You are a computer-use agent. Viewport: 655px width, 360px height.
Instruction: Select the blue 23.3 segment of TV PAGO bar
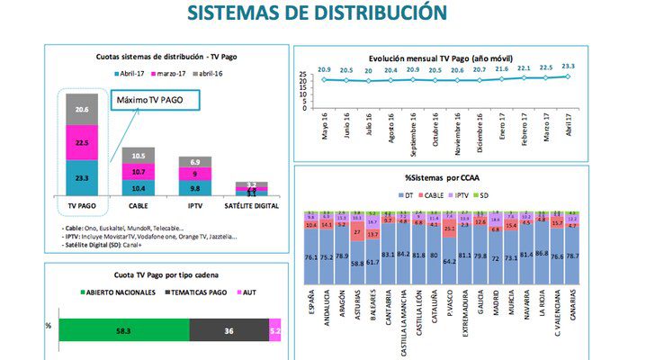click(x=82, y=178)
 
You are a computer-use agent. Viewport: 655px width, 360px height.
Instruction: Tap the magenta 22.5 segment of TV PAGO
click(x=82, y=142)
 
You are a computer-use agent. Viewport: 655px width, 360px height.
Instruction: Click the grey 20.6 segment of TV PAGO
click(x=82, y=109)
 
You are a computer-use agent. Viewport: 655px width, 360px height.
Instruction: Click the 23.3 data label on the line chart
click(x=568, y=67)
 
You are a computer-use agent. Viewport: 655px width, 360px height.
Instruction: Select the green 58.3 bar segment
click(x=123, y=329)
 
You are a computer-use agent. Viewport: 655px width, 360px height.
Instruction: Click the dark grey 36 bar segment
click(x=229, y=329)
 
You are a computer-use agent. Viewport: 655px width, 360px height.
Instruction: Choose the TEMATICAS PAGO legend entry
click(x=175, y=293)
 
